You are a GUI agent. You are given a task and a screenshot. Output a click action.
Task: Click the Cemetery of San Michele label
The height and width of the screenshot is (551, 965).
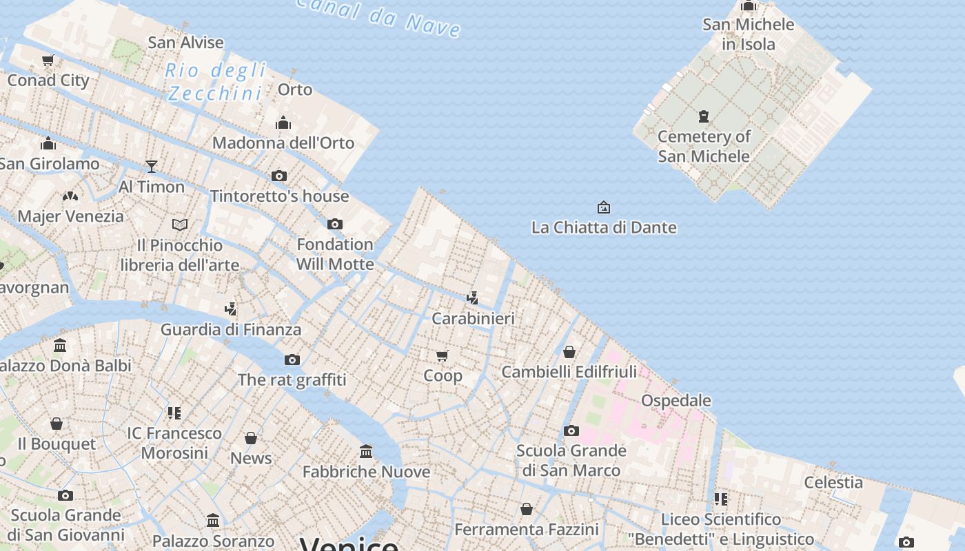click(704, 146)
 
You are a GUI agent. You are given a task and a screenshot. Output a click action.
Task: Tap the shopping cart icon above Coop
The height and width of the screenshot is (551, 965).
click(443, 355)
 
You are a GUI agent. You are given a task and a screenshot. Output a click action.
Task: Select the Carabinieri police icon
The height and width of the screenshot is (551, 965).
click(472, 298)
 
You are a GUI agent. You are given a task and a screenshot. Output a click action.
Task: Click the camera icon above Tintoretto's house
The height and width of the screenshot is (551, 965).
click(279, 176)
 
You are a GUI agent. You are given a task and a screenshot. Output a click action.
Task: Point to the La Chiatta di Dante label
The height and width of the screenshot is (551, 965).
click(604, 227)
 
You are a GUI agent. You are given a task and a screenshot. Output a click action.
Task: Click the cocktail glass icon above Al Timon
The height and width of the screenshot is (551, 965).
click(152, 166)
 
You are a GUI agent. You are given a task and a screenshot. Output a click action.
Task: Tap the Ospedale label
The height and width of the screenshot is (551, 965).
click(675, 400)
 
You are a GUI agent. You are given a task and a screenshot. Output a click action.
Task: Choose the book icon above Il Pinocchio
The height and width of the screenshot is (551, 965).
click(180, 225)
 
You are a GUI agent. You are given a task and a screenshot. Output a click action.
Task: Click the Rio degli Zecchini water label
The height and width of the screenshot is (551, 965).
click(216, 81)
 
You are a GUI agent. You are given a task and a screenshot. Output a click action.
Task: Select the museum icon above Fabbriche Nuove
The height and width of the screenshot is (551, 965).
click(366, 451)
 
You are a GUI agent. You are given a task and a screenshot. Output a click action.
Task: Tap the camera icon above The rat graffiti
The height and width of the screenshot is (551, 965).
click(292, 360)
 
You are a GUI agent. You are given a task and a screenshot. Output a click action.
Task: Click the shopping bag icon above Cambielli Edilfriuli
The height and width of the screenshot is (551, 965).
click(569, 352)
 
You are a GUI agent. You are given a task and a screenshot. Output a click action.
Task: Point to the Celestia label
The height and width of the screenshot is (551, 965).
click(833, 482)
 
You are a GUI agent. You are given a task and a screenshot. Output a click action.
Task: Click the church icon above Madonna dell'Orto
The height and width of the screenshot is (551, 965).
click(283, 123)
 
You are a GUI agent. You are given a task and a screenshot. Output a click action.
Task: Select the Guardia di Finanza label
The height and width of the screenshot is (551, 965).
click(231, 329)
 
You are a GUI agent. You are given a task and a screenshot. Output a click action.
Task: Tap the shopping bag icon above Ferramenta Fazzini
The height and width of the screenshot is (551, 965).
click(527, 509)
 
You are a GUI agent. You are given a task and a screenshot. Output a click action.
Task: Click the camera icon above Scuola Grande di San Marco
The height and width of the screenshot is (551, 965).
click(571, 430)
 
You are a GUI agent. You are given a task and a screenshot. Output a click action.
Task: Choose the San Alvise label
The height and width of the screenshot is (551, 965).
click(186, 42)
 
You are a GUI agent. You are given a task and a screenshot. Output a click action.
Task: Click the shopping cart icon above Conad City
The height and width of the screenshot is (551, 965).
click(48, 60)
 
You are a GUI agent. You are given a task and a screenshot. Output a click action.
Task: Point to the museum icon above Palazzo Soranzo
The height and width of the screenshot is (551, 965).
click(213, 520)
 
